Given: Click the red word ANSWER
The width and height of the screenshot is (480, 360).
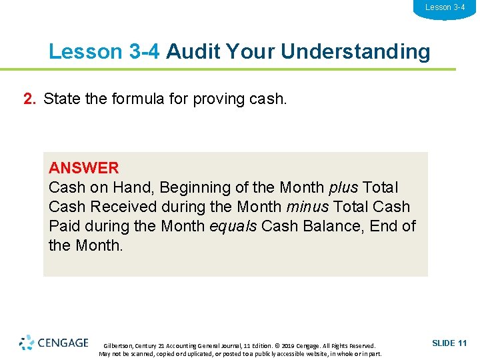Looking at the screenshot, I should click(x=83, y=168).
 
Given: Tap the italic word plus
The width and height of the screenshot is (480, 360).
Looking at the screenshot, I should click(x=343, y=188).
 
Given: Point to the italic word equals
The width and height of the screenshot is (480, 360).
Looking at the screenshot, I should click(x=233, y=227).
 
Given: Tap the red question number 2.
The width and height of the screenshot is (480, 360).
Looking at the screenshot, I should click(x=30, y=99).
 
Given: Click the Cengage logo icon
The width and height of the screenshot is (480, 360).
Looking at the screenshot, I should click(x=27, y=343).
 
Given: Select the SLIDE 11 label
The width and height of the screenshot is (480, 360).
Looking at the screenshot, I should click(x=449, y=343).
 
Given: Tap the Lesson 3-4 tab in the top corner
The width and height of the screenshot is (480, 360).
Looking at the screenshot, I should click(x=445, y=7).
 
